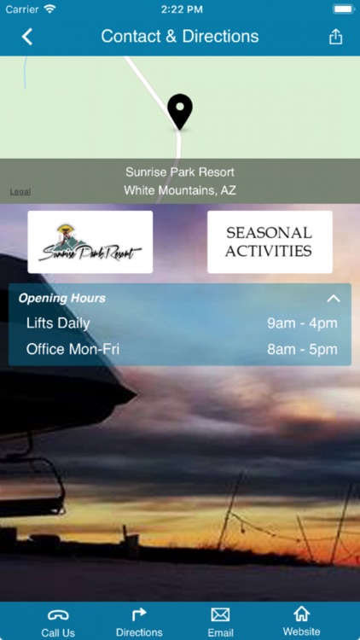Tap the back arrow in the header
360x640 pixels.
(x=27, y=37)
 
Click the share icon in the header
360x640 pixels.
(x=335, y=37)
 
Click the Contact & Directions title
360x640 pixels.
(x=180, y=37)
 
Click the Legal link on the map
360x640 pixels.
(x=20, y=192)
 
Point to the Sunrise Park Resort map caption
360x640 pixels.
(x=180, y=172)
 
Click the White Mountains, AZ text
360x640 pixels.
(x=180, y=190)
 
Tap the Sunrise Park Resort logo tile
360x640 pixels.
(x=90, y=242)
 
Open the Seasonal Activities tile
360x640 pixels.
(x=270, y=242)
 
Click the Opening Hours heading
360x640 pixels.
(x=62, y=299)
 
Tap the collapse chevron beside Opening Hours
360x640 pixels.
(x=334, y=299)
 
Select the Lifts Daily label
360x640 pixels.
(x=58, y=323)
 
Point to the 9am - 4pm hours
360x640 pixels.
(x=302, y=323)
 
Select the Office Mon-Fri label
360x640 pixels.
(x=73, y=349)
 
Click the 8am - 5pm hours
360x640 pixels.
(x=302, y=349)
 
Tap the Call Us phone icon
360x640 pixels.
(x=58, y=614)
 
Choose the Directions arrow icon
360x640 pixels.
(x=139, y=614)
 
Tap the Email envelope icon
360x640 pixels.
(x=220, y=614)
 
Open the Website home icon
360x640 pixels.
(x=301, y=614)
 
